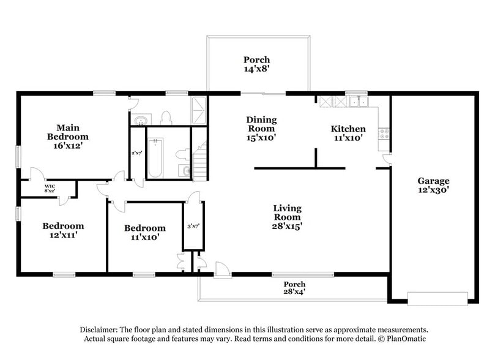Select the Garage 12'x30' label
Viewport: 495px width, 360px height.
click(x=433, y=185)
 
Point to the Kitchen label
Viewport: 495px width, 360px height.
click(x=348, y=133)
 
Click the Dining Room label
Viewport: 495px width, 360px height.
click(x=261, y=129)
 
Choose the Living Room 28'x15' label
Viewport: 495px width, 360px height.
click(x=286, y=217)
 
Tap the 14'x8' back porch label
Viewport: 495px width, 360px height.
click(x=256, y=64)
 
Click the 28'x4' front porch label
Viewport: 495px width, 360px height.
click(x=294, y=288)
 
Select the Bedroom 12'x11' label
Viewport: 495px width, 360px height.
click(x=62, y=230)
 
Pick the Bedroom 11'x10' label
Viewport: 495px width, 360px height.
click(x=144, y=232)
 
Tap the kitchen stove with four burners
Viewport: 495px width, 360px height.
click(x=385, y=132)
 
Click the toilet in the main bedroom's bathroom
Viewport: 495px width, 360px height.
click(x=165, y=118)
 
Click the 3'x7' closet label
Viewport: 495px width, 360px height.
click(x=193, y=227)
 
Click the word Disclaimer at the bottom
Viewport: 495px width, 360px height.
click(x=100, y=329)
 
